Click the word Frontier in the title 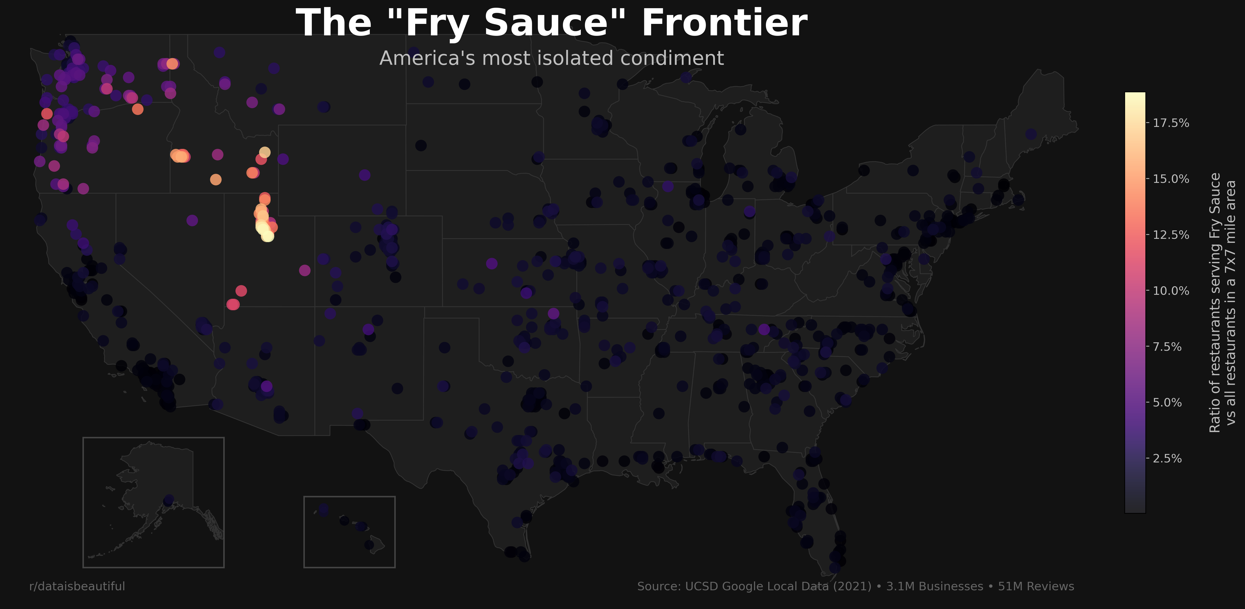tap(724, 23)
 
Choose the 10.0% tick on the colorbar tap(1170, 291)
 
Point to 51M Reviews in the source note tap(1036, 586)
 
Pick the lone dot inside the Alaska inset tap(168, 500)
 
